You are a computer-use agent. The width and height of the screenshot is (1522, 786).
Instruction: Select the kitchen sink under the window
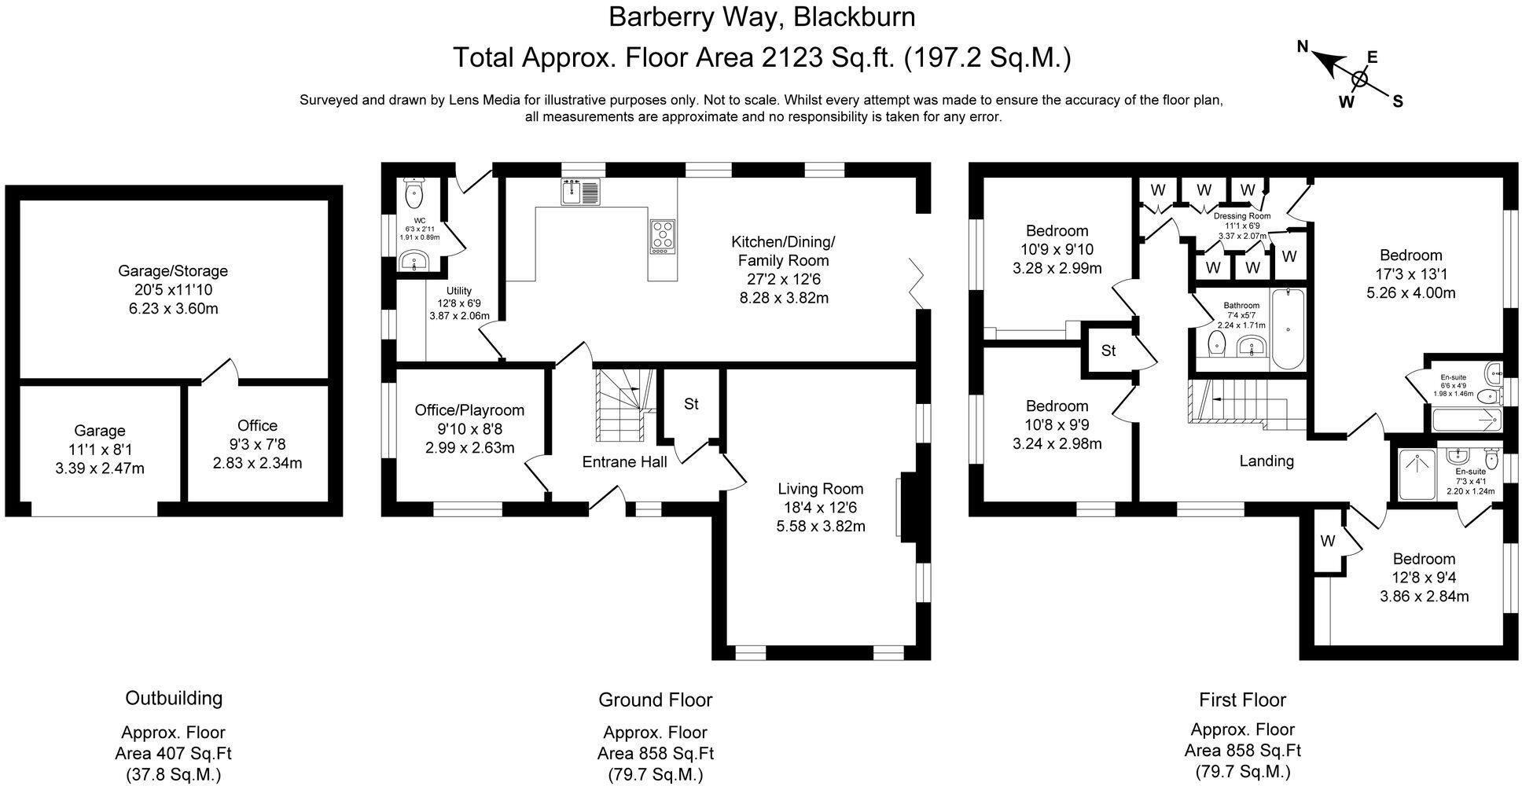click(x=580, y=191)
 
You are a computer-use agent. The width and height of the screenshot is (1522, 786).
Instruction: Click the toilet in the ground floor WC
click(x=414, y=190)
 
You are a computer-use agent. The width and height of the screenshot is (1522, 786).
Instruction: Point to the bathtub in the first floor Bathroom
click(x=1287, y=329)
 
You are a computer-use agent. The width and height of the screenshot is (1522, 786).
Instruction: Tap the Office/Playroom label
click(x=469, y=410)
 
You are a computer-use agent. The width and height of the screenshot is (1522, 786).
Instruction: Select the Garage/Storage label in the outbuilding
click(x=173, y=271)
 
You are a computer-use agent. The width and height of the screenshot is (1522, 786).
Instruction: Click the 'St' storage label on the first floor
click(x=1108, y=351)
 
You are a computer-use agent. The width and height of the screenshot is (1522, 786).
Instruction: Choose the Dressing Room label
click(x=1242, y=216)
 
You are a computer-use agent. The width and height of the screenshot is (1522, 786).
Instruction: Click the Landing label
click(x=1266, y=461)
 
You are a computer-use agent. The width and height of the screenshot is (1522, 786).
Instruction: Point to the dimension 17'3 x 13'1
click(x=1410, y=274)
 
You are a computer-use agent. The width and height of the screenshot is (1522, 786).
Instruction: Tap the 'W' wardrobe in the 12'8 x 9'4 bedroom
click(x=1327, y=541)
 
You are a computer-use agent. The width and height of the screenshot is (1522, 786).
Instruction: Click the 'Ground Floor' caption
click(x=655, y=700)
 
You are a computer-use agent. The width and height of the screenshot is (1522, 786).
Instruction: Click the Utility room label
click(x=459, y=291)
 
